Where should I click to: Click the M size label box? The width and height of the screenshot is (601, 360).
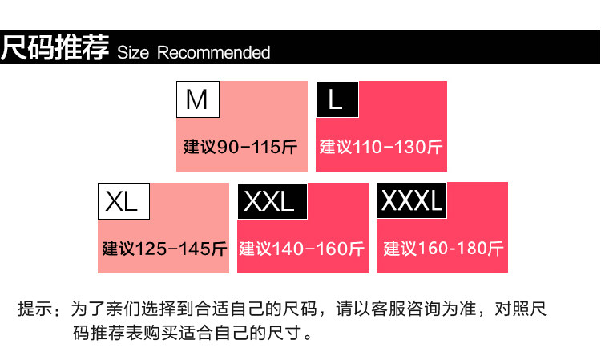pyautogui.click(x=196, y=99)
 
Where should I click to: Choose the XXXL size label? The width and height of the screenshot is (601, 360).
pyautogui.click(x=412, y=202)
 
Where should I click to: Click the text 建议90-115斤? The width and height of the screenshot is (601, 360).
pyautogui.click(x=240, y=148)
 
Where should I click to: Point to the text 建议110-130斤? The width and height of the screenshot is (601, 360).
pyautogui.click(x=381, y=148)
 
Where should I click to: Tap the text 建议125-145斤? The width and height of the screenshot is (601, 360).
pyautogui.click(x=165, y=249)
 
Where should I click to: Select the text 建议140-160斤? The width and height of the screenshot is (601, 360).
pyautogui.click(x=302, y=249)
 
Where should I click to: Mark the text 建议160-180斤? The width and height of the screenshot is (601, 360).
pyautogui.click(x=443, y=249)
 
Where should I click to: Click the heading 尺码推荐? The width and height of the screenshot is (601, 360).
pyautogui.click(x=55, y=49)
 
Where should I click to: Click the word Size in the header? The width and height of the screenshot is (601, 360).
pyautogui.click(x=134, y=53)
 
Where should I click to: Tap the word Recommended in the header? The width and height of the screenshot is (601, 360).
pyautogui.click(x=214, y=53)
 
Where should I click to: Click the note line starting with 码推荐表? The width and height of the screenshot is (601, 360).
pyautogui.click(x=190, y=332)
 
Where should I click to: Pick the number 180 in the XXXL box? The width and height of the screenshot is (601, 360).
pyautogui.click(x=473, y=249)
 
